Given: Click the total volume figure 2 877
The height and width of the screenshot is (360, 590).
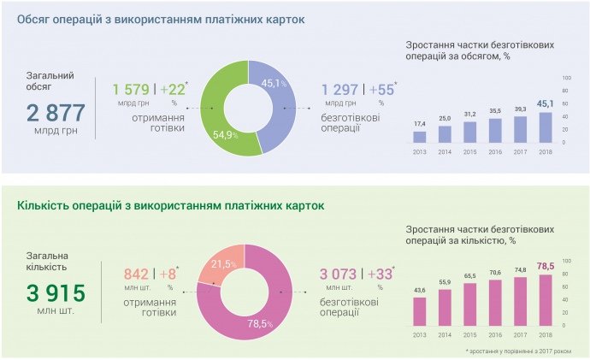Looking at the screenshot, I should (56, 112).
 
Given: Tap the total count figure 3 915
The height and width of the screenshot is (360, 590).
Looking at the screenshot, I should (56, 292).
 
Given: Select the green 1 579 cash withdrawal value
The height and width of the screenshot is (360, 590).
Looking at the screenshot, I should (131, 89).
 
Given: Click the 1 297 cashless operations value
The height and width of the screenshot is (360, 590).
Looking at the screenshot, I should (340, 89).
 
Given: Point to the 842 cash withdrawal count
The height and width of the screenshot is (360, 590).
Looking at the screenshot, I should (136, 274).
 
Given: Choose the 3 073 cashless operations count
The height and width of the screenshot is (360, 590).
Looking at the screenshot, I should (339, 274).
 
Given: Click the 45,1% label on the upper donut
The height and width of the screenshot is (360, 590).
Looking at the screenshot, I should (271, 83).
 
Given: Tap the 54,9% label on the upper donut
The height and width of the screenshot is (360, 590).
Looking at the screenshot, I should (224, 135).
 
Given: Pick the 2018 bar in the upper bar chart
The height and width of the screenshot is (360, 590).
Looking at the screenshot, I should (546, 127).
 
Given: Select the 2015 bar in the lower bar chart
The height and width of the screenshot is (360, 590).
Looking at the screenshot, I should (470, 304).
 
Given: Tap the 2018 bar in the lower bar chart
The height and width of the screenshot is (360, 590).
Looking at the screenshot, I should (546, 299).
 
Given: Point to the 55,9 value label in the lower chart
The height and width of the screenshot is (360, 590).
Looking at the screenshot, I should (445, 281).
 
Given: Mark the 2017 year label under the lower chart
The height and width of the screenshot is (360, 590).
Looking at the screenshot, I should (521, 333).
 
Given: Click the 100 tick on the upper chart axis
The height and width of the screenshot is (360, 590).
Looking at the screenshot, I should (565, 78).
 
